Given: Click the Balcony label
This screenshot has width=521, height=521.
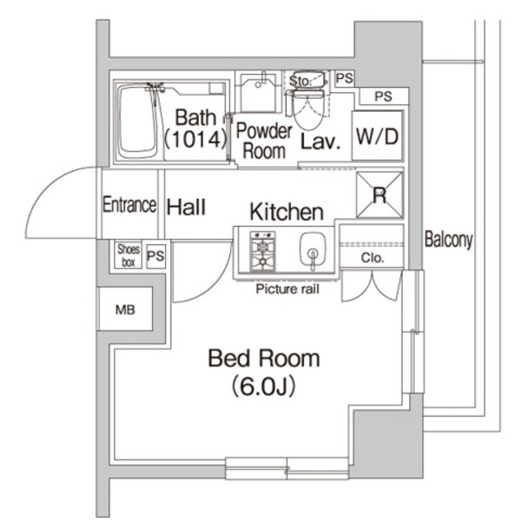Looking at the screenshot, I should tap(448, 241).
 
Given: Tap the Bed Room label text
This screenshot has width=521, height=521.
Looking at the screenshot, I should tap(263, 358).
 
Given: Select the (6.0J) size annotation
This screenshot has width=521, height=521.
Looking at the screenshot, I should tap(263, 386).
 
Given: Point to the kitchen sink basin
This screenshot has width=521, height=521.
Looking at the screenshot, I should tap(311, 253).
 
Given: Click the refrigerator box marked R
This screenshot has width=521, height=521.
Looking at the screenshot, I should tap(379, 195).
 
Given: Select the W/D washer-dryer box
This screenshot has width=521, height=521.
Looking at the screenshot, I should tap(378, 136).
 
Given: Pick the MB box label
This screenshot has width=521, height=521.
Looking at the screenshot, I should tap(124, 310).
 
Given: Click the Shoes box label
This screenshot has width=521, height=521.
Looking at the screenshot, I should tap(128, 255).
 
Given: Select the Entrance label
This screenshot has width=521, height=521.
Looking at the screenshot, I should tap(129, 206).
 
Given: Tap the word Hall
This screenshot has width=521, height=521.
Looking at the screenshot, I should tap(186, 207).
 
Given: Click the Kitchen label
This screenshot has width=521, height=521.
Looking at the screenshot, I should tap(287, 211).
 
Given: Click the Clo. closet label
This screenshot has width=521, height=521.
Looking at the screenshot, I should tap(370, 259).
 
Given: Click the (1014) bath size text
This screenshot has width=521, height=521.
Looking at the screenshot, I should tap(193, 138).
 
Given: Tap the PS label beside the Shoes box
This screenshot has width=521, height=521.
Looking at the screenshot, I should tap(155, 256).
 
